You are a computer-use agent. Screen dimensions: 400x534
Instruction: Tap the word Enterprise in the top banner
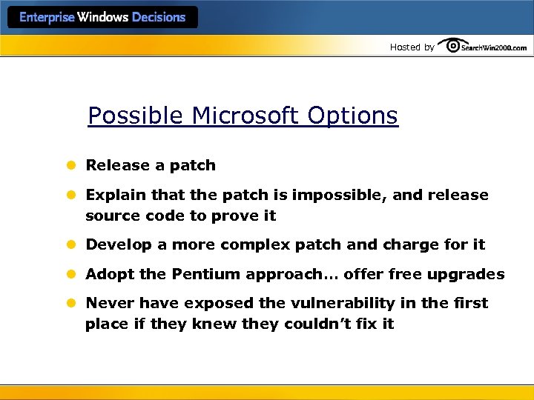tap(47, 17)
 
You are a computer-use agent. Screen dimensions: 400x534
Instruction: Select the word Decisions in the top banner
tap(159, 17)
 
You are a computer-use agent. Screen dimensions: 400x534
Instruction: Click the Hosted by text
tap(412, 47)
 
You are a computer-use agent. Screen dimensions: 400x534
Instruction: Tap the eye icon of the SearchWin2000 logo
tap(449, 45)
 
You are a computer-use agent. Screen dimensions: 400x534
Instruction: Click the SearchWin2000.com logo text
tap(494, 47)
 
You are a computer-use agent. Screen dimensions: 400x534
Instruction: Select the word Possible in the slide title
tap(136, 116)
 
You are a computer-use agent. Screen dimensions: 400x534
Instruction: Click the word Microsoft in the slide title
tap(242, 116)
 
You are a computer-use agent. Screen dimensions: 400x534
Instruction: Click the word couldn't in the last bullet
tap(317, 324)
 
